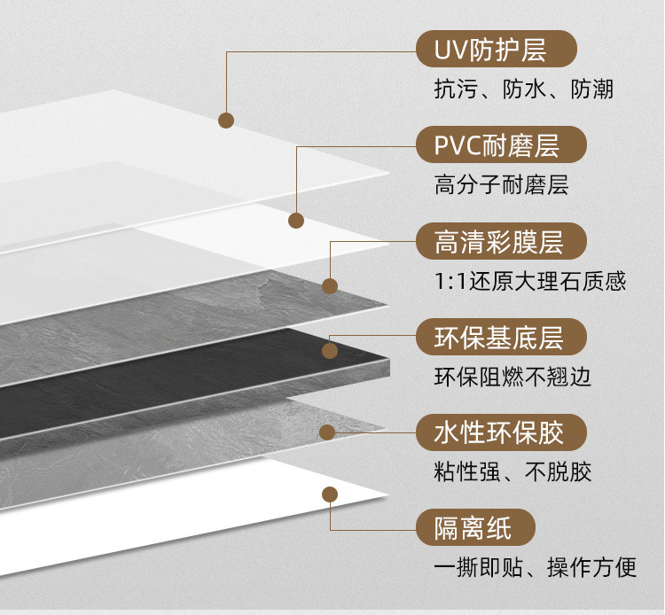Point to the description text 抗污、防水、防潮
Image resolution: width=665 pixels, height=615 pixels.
523,90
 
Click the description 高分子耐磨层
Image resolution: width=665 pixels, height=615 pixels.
501,185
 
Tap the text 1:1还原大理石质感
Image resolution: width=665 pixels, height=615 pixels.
530,282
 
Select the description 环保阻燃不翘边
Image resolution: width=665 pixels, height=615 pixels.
512,378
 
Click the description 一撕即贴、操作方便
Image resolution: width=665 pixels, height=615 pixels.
536,568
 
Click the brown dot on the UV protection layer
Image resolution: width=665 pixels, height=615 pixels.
226,119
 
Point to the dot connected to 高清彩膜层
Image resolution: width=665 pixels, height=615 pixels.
330,285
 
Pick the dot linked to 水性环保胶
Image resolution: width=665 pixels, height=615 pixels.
328,432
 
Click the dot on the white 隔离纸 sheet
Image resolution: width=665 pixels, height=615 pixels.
330,494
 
